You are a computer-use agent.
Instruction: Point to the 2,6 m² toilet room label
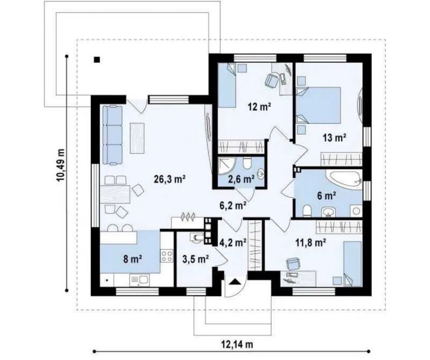241,179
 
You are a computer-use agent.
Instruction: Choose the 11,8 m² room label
311,242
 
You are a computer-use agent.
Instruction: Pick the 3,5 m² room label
196,259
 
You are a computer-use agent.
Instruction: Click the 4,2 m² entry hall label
233,242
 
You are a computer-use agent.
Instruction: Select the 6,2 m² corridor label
233,205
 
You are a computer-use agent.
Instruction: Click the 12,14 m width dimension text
237,344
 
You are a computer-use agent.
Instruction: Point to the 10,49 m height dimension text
61,165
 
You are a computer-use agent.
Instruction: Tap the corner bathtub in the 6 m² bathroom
344,180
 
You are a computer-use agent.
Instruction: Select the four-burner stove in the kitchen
167,256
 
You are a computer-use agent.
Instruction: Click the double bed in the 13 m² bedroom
319,105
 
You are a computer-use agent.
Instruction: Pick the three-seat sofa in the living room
112,135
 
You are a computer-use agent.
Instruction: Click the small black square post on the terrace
96,59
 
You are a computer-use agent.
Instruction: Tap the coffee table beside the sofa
137,138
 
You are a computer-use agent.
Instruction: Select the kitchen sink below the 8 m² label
140,280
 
